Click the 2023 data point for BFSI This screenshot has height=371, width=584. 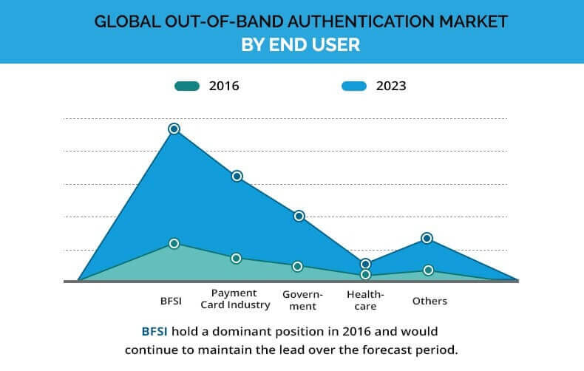[174, 129]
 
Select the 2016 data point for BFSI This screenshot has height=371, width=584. [174, 243]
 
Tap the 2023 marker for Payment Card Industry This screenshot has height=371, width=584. [237, 176]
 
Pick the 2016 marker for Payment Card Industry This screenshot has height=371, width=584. [237, 258]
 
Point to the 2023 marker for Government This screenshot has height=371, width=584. [299, 216]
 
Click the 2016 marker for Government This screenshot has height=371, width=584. [298, 266]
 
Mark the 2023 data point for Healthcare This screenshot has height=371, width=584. [365, 264]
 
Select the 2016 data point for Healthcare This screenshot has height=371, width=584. [365, 274]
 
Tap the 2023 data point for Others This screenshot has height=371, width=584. [427, 238]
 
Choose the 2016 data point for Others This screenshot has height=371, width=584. [428, 270]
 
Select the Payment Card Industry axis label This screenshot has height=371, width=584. [236, 299]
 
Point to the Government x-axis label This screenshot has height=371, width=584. [299, 299]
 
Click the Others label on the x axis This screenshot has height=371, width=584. [429, 301]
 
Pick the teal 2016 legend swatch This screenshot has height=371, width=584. [187, 86]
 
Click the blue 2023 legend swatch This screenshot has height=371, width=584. [354, 86]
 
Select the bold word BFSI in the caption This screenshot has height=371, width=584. [157, 331]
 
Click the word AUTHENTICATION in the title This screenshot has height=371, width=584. [346, 21]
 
